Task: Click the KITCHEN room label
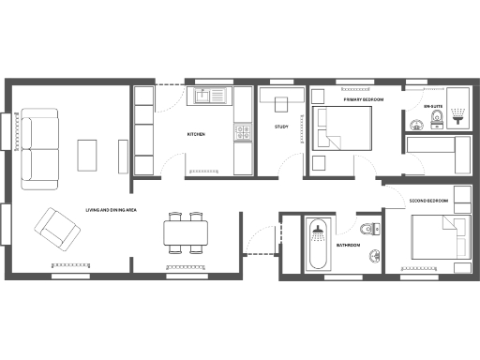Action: tap(196, 135)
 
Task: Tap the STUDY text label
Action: tap(281, 127)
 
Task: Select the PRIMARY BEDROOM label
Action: tap(361, 99)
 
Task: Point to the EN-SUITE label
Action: tap(432, 107)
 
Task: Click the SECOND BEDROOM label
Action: tap(428, 202)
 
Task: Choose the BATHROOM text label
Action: tap(349, 245)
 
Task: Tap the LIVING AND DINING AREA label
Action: tap(112, 210)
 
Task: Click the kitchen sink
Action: tap(210, 96)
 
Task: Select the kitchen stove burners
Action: tap(243, 132)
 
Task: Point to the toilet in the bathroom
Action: tap(373, 229)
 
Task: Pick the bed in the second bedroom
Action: tap(441, 236)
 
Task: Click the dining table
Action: tap(184, 231)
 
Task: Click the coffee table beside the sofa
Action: tap(87, 155)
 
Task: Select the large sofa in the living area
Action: tap(38, 145)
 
